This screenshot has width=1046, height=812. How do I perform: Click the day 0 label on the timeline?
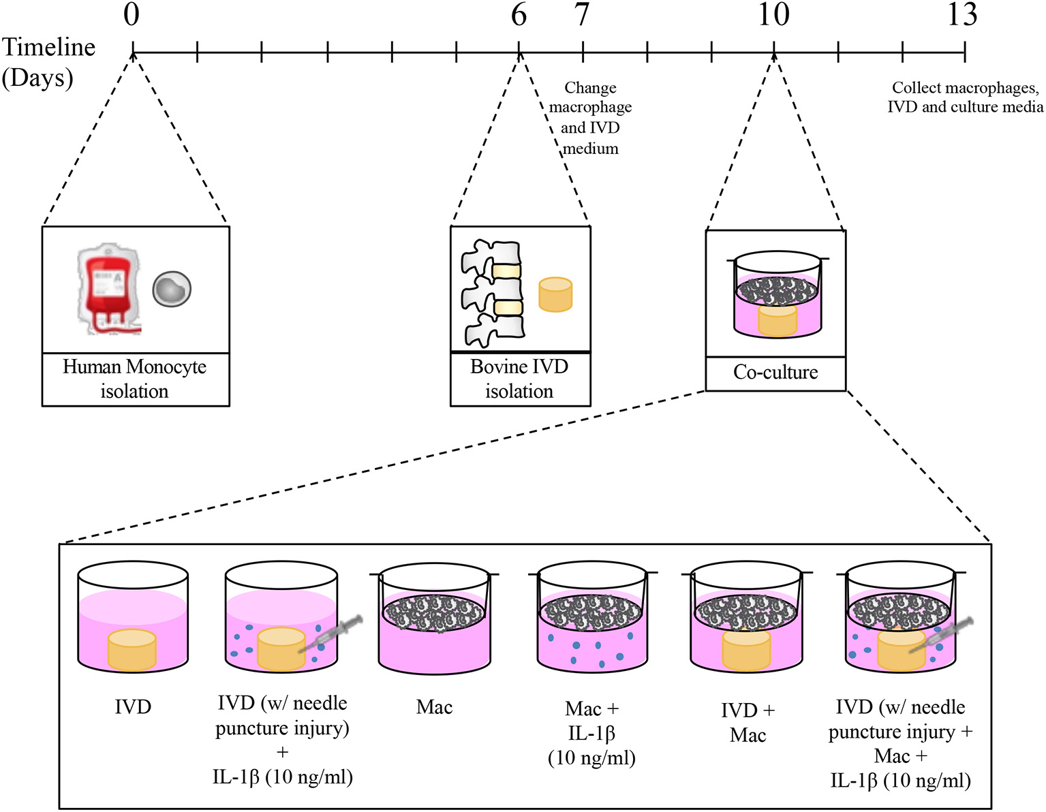[x=132, y=14]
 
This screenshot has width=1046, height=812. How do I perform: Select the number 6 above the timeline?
[x=519, y=14]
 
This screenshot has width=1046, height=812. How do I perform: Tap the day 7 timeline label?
[x=582, y=14]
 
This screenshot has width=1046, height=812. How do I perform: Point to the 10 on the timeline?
[x=774, y=14]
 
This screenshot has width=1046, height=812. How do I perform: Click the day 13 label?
[x=962, y=14]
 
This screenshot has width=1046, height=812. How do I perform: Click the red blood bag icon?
[x=109, y=289]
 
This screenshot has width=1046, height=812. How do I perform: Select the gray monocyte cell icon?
[x=172, y=289]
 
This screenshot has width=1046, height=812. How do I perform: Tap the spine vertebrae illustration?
[x=492, y=293]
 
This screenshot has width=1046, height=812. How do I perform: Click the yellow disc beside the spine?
[x=555, y=294]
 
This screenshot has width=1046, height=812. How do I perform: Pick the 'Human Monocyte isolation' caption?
[x=135, y=379]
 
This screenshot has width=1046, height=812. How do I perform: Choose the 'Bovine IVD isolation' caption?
[x=519, y=379]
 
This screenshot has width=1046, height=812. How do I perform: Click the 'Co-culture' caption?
[x=775, y=373]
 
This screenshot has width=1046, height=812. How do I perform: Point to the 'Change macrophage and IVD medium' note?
[x=591, y=118]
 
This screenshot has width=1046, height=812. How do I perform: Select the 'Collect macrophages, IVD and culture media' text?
[x=965, y=97]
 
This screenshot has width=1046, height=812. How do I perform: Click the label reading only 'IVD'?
[x=133, y=707]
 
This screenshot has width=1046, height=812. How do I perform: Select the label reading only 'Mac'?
[x=434, y=707]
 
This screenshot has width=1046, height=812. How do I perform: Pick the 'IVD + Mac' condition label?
[x=748, y=723]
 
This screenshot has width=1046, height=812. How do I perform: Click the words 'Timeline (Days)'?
[x=48, y=63]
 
